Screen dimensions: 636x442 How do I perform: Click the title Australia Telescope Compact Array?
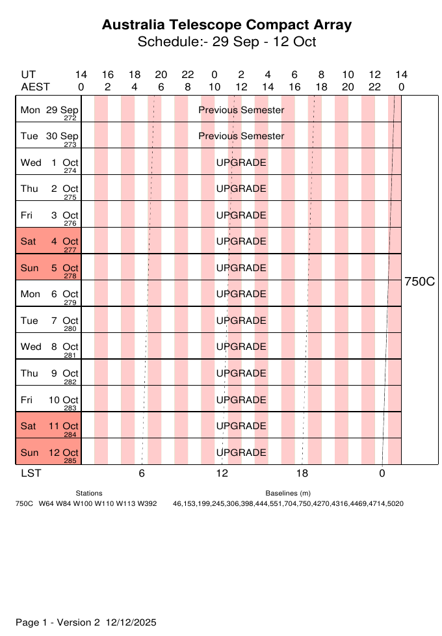[227, 25]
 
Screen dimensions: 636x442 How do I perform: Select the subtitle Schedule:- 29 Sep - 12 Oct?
[227, 42]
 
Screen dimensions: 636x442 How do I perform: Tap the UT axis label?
[28, 75]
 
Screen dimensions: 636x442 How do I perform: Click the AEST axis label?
[35, 86]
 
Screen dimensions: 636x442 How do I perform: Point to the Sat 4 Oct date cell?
[48, 241]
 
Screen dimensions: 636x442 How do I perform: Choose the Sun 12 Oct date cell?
[48, 452]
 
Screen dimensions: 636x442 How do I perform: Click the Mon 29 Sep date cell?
[48, 109]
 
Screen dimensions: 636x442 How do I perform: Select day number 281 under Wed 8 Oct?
[70, 356]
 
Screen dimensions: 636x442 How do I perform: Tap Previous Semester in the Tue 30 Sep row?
[241, 136]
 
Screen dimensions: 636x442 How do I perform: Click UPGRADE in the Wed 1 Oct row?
[241, 163]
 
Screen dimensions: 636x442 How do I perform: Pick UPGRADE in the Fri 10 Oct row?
[241, 399]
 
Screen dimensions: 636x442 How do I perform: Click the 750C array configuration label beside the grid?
[419, 282]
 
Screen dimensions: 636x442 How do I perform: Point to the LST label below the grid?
[31, 473]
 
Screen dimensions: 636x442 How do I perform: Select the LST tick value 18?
[302, 473]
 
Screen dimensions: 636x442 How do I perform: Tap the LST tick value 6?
[142, 473]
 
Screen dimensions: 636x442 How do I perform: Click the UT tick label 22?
[187, 75]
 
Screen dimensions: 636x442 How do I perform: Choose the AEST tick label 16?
[294, 86]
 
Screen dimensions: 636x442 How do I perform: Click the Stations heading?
[89, 494]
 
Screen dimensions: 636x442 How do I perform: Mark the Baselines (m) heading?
[288, 494]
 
